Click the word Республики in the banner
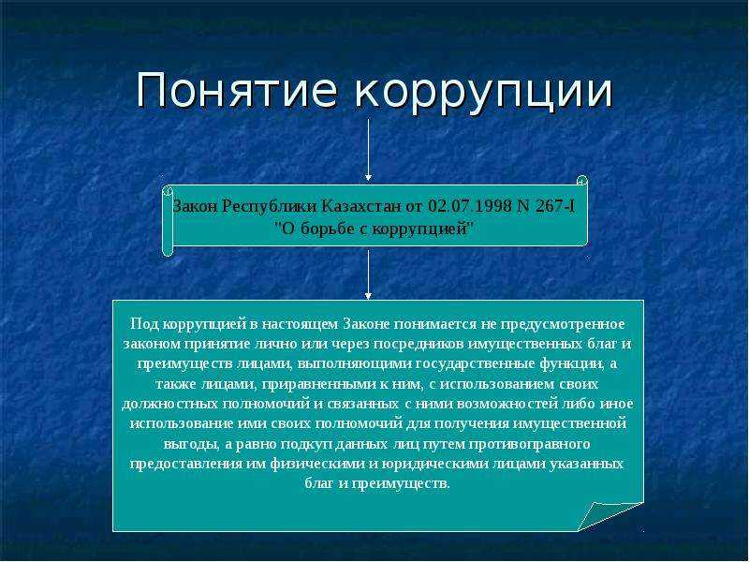click(x=272, y=206)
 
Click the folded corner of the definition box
click(x=609, y=515)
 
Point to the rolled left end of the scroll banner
click(x=168, y=218)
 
